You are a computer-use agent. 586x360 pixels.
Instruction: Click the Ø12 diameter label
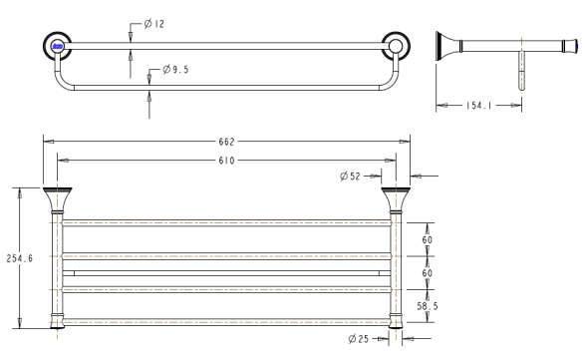153,24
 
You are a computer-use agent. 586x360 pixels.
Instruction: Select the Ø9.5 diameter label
175,70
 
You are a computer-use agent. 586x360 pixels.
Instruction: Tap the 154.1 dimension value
478,106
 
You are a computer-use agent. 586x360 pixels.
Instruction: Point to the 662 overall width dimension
226,142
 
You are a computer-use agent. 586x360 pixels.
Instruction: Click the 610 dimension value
226,161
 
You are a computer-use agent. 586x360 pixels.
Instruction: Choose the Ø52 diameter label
350,176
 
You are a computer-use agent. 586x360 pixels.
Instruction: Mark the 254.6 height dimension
20,258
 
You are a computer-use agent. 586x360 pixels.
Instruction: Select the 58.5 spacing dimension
428,306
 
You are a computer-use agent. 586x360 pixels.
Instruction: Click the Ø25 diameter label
359,339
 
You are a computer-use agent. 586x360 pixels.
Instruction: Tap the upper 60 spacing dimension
428,239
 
